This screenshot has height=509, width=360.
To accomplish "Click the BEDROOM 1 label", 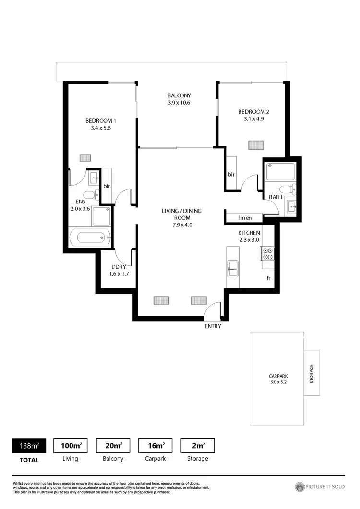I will (100, 121).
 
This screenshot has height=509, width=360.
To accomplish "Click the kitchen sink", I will (233, 269).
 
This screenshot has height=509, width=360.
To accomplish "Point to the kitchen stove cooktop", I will (267, 253).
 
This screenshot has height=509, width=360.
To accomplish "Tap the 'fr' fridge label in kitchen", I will (269, 278).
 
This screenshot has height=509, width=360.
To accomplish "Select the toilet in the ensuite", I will (90, 195).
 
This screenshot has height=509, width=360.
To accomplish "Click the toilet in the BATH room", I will (287, 189).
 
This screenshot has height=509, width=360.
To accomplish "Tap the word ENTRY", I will (213, 326).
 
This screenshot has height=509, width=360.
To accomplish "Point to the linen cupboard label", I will (245, 218).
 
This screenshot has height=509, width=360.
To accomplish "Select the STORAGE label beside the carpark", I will (312, 373).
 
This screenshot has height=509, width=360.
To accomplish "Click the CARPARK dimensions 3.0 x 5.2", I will (277, 382).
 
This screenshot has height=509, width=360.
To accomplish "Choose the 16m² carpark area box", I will (155, 446).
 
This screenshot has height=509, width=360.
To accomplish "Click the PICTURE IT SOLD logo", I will (320, 486).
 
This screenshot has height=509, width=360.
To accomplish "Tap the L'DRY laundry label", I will (119, 267).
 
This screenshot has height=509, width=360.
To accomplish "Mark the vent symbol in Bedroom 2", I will (256, 144).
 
